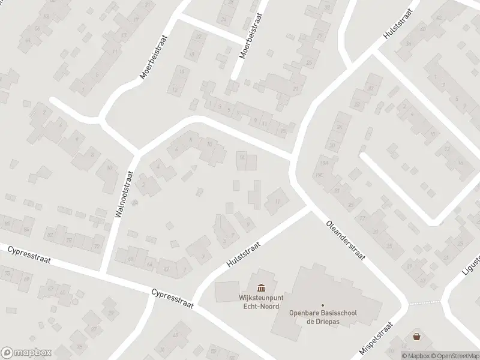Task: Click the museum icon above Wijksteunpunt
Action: (261, 289)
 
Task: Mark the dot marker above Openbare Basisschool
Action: (322, 306)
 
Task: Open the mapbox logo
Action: (26, 353)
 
